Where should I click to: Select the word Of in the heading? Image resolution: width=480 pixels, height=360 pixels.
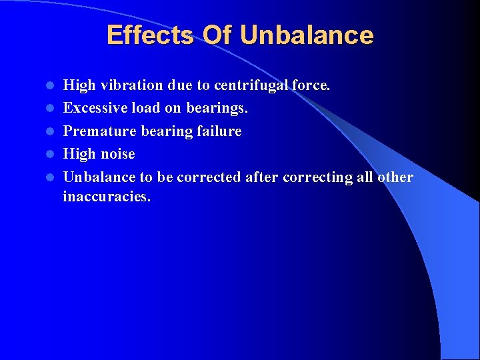pyautogui.click(x=217, y=35)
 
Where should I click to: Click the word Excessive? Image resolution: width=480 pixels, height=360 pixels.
pyautogui.click(x=94, y=108)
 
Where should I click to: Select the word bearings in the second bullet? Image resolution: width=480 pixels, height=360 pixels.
pyautogui.click(x=217, y=109)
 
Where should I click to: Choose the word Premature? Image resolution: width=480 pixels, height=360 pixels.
pyautogui.click(x=99, y=131)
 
